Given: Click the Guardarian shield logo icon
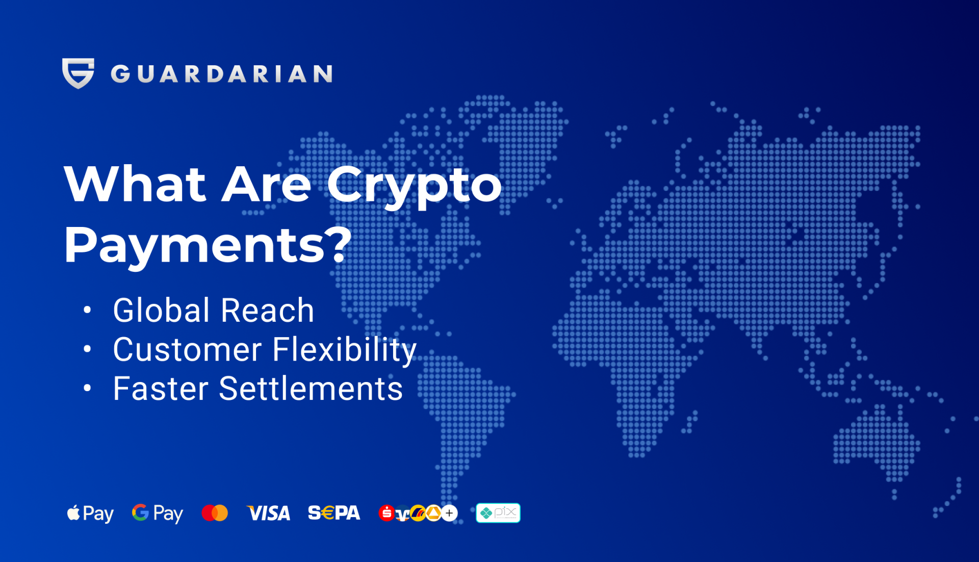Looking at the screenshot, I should click(x=78, y=73).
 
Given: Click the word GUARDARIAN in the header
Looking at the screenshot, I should click(x=222, y=74).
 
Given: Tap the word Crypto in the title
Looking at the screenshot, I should click(x=414, y=185).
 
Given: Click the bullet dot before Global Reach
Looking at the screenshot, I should click(x=87, y=310).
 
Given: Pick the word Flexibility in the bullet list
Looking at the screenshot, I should click(x=344, y=350).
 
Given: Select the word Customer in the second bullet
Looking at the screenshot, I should click(x=187, y=350).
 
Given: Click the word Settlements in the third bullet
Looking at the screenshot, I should click(x=311, y=389).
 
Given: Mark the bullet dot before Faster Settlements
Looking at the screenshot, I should click(x=87, y=389).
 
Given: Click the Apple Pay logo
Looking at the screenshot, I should click(x=90, y=513).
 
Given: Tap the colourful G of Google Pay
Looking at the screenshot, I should click(x=140, y=512).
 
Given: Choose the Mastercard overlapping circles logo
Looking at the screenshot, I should click(x=215, y=513).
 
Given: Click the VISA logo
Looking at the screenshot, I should click(x=268, y=513).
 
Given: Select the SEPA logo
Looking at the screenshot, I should click(x=334, y=513).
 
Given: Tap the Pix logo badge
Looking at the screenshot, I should click(x=498, y=513).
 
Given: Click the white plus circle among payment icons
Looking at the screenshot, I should click(x=449, y=513).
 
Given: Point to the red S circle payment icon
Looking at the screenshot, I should click(x=386, y=513).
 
